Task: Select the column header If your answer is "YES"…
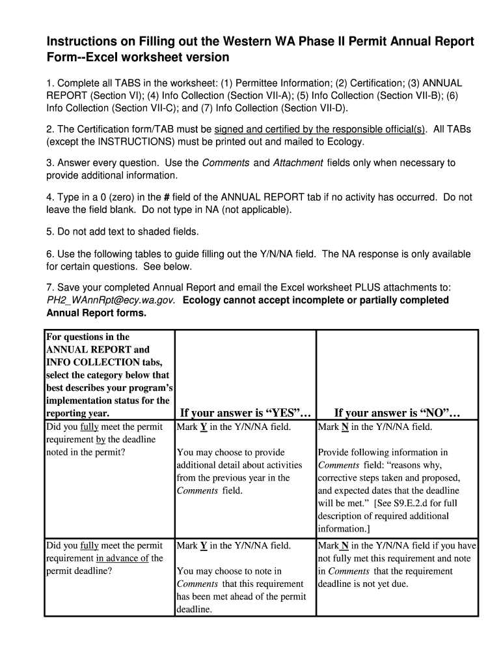point(245,413)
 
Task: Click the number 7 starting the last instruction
point(49,288)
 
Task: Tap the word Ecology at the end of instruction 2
point(345,141)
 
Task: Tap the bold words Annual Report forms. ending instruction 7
point(96,313)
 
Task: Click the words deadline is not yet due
point(362,584)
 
